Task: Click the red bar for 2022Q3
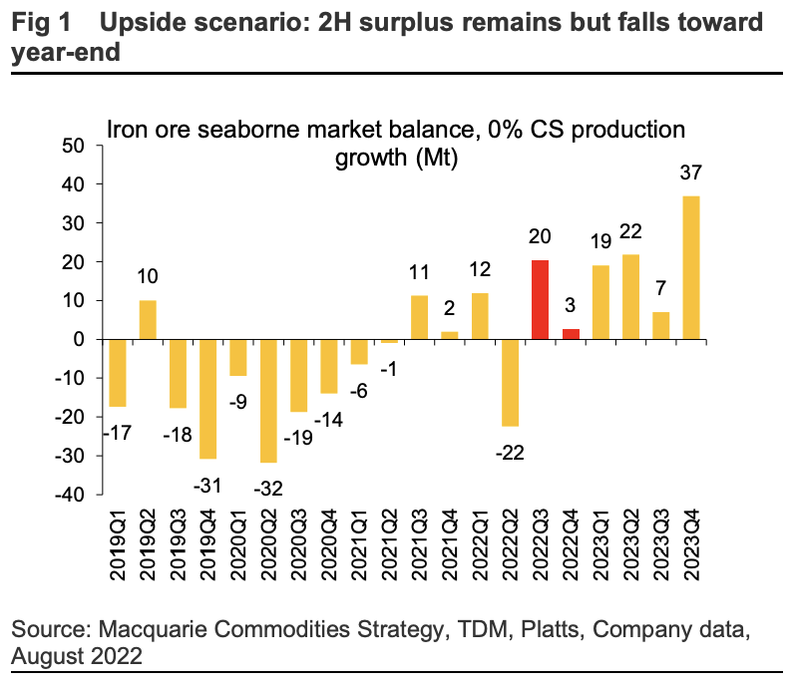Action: pos(540,300)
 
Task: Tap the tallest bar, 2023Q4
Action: pos(689,267)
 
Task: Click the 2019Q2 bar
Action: pos(147,320)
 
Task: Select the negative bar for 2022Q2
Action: pos(510,383)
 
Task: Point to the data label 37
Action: pos(690,172)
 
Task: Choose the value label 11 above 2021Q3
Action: pos(420,272)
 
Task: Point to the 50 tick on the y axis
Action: pos(77,146)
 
